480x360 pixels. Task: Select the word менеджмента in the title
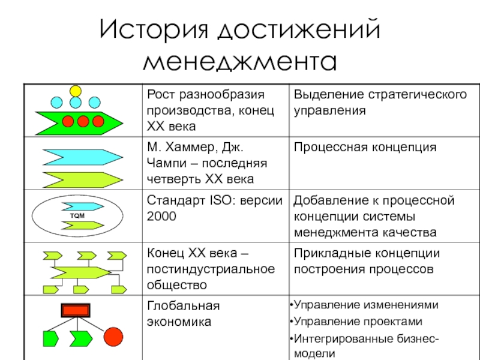pos(240,62)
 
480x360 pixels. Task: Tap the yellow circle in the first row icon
pos(76,91)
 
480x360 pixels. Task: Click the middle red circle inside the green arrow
pos(83,121)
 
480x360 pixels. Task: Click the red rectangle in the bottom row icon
pos(76,310)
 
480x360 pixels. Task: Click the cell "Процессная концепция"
pos(364,148)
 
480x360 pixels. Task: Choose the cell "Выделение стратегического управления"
pos(379,103)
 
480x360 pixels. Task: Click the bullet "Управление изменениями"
pos(366,304)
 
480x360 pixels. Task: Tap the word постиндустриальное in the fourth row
pos(211,269)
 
